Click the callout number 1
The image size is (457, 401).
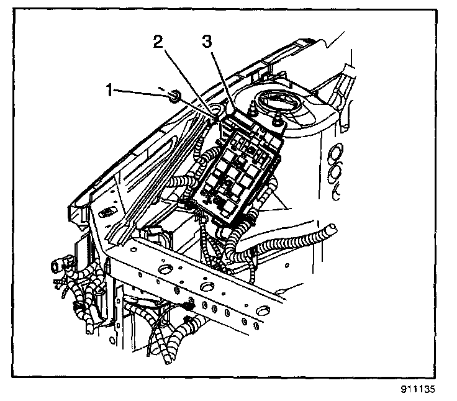[109, 91]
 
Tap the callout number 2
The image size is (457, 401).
[158, 43]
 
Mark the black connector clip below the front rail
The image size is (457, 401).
[188, 306]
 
